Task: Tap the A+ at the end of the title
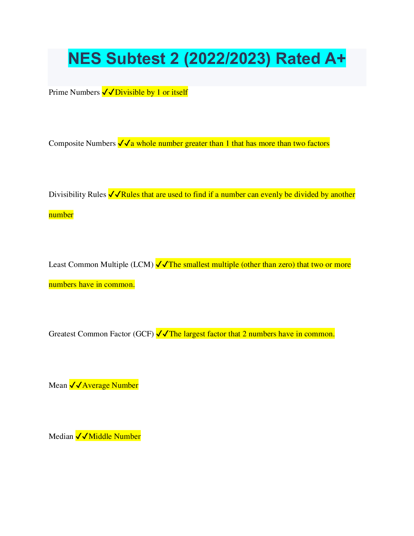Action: tap(335, 59)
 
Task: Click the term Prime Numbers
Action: tap(74, 92)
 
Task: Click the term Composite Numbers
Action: tap(82, 143)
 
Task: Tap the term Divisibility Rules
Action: tap(77, 195)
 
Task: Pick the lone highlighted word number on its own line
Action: tap(61, 215)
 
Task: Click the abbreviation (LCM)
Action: tap(142, 265)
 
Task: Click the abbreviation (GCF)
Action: tap(143, 334)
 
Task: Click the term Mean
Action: tap(58, 385)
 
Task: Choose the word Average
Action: tap(96, 385)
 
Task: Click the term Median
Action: tap(61, 437)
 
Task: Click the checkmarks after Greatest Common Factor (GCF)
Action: tap(162, 334)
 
